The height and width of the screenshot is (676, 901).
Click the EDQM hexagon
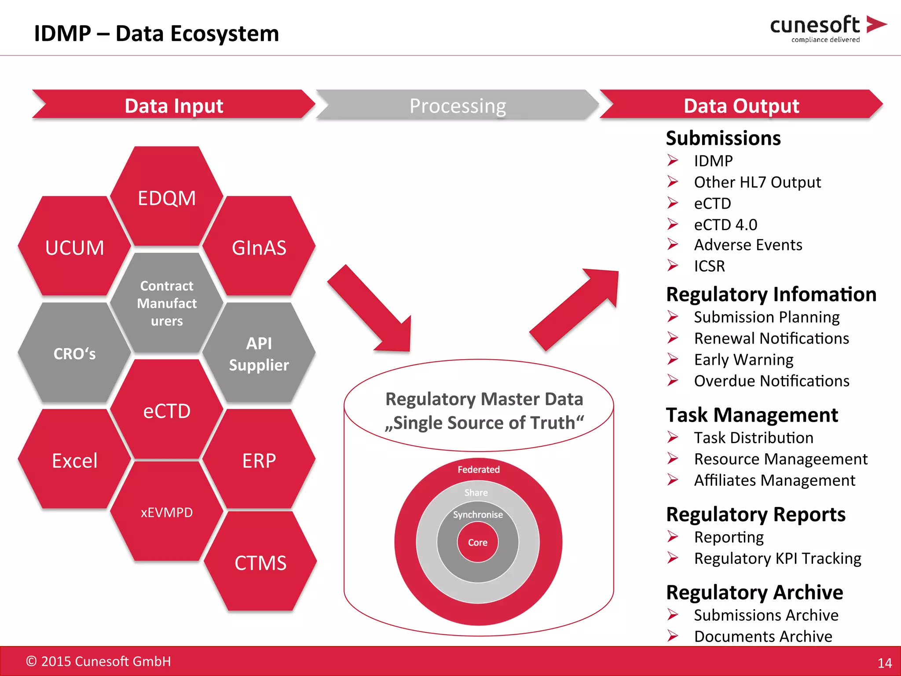tap(167, 198)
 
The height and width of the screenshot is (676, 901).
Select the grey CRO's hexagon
tap(74, 353)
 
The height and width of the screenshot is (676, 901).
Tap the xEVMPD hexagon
tap(167, 512)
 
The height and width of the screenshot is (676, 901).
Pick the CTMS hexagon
tap(260, 562)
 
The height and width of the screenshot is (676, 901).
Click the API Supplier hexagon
tap(259, 354)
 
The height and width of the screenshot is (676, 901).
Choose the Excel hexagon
tap(74, 460)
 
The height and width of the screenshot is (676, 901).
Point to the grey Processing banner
tap(458, 106)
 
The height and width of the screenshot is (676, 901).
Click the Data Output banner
tap(741, 106)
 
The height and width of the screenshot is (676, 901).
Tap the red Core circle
tap(478, 542)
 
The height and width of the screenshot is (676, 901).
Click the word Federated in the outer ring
tap(479, 470)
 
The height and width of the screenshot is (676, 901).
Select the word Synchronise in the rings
tap(478, 514)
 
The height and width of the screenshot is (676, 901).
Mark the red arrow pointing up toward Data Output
tap(576, 308)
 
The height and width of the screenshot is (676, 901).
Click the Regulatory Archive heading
tap(754, 592)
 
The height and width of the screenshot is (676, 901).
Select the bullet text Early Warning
tap(744, 360)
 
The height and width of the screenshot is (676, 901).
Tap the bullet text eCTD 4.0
tap(725, 224)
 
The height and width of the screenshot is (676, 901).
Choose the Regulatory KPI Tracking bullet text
tap(777, 558)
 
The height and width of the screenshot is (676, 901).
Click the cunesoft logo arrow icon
tap(875, 24)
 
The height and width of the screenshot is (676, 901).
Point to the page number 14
tap(884, 663)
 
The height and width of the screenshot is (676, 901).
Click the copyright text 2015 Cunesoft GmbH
tap(99, 661)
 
